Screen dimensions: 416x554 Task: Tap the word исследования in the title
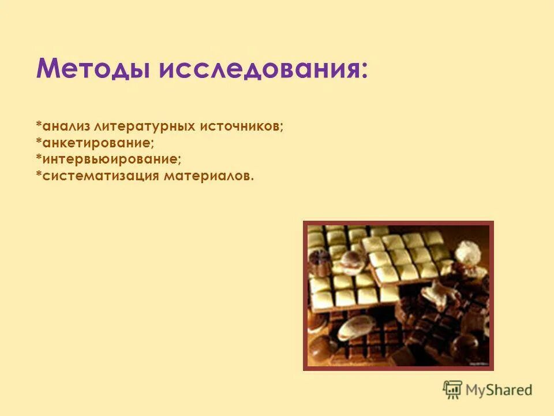(260, 70)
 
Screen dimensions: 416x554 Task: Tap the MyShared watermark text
(499, 389)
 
